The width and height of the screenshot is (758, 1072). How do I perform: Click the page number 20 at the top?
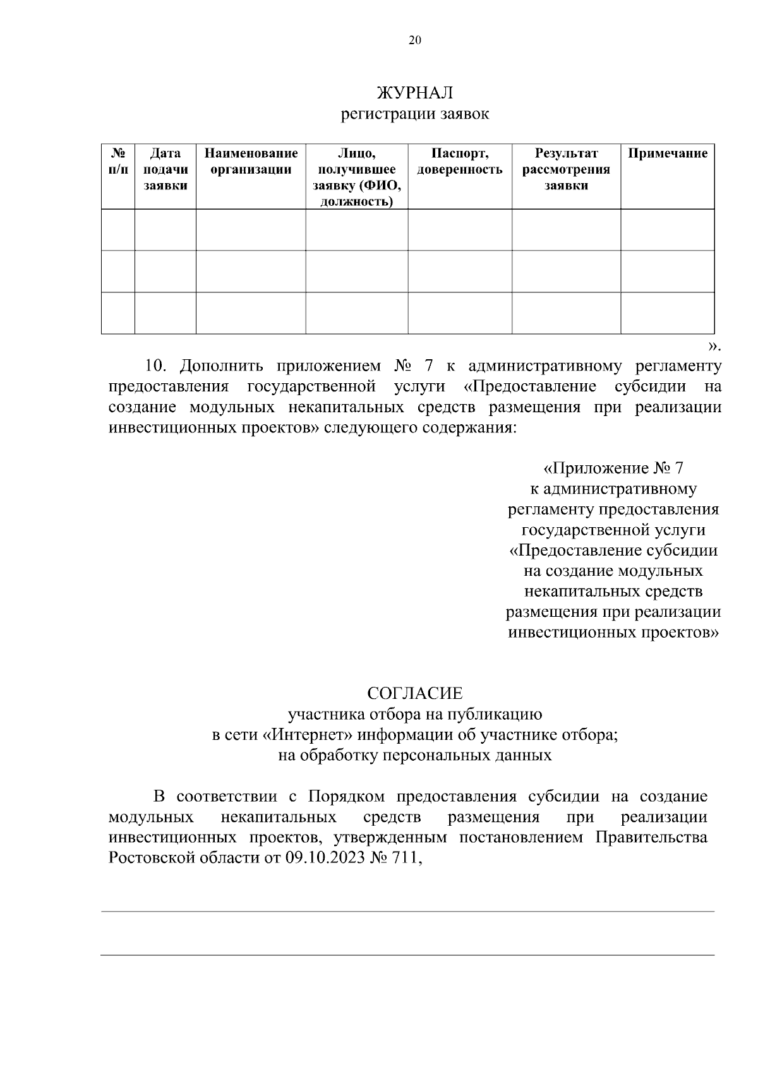coord(415,40)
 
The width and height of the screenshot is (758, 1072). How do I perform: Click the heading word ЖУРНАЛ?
coord(415,93)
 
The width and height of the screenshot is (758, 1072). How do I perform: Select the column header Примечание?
coord(668,153)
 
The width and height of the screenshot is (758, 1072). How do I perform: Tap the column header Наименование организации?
coord(251,161)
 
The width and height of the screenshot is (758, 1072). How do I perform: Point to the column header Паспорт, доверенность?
coord(460,161)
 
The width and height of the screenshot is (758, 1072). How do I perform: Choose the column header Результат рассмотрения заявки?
coord(566,169)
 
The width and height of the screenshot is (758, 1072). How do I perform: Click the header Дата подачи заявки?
coord(165,169)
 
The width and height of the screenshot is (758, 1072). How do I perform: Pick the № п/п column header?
coord(117,161)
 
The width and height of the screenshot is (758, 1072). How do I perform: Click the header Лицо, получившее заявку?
coord(357,177)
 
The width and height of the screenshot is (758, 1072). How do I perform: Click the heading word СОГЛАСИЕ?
coord(415,693)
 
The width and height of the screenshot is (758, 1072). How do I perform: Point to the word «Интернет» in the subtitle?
coord(315,735)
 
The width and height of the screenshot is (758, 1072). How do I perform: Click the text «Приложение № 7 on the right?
coord(613,468)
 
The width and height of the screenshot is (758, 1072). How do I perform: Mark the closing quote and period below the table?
coord(714,345)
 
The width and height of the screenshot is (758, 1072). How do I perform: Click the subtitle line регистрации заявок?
coord(415,114)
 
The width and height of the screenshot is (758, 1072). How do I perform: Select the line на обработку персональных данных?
coord(415,755)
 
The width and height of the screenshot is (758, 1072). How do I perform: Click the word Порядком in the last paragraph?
coord(347,797)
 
